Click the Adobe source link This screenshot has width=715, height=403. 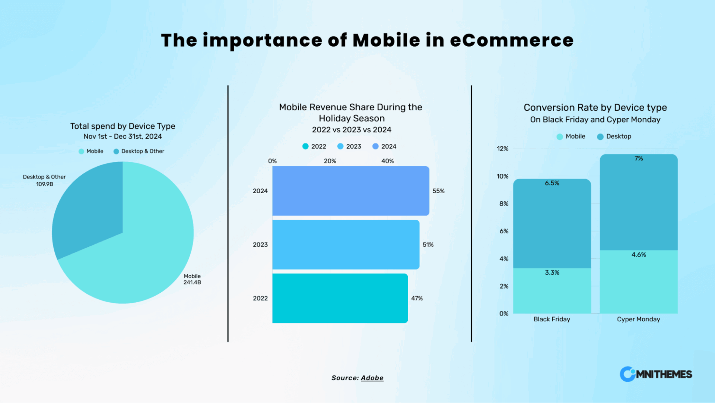click(372, 378)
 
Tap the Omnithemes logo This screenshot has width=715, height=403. click(656, 374)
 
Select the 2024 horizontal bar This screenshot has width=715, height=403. click(350, 191)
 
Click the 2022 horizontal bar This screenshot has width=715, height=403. click(340, 298)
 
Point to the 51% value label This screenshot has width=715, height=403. click(428, 245)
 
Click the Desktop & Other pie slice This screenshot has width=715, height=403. click(89, 209)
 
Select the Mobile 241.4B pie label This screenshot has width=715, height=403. click(192, 279)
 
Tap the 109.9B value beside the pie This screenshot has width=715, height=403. click(44, 184)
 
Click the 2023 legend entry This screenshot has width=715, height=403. click(349, 147)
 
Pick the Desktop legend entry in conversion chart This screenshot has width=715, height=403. click(614, 136)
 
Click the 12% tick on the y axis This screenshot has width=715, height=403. click(502, 149)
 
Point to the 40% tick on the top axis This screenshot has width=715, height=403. click(387, 161)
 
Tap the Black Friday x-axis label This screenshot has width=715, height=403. click(552, 319)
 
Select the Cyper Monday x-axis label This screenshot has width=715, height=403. click(638, 319)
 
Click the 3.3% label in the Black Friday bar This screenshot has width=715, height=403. click(552, 273)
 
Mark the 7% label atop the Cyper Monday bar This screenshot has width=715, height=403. click(639, 158)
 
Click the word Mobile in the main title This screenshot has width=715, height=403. click(386, 40)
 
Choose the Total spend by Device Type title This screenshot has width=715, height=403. click(123, 126)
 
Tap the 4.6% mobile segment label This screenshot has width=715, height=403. click(639, 255)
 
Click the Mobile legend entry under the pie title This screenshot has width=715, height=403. click(91, 151)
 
